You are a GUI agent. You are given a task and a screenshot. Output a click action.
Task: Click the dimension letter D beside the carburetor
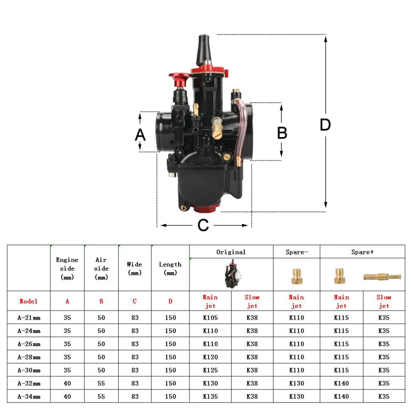325,125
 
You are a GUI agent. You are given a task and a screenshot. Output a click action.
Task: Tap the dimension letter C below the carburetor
203,225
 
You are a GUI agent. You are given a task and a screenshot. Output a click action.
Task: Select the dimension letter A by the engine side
140,135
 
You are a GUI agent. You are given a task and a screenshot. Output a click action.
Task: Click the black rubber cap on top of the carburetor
204,50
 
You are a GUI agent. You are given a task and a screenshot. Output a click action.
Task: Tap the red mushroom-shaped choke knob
180,79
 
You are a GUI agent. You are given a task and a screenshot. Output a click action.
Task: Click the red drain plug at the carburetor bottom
205,209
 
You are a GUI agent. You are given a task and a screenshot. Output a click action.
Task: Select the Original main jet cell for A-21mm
210,317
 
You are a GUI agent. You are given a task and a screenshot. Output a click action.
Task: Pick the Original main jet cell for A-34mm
210,396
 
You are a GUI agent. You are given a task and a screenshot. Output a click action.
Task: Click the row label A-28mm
29,357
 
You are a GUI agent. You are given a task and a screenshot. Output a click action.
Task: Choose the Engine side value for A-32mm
67,383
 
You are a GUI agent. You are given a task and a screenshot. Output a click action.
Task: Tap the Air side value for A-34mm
101,396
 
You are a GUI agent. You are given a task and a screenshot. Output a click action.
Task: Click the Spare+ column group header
363,252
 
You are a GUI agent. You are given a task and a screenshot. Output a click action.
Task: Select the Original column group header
231,252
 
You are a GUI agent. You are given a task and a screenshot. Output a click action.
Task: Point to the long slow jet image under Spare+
382,277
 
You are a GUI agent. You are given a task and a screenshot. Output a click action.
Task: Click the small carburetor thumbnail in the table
233,274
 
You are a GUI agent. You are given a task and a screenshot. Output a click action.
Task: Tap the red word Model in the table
28,301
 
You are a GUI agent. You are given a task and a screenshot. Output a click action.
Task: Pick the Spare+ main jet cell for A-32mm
341,383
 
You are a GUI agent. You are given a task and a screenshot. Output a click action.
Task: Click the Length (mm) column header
170,269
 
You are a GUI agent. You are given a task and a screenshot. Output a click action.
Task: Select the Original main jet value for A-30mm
210,370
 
